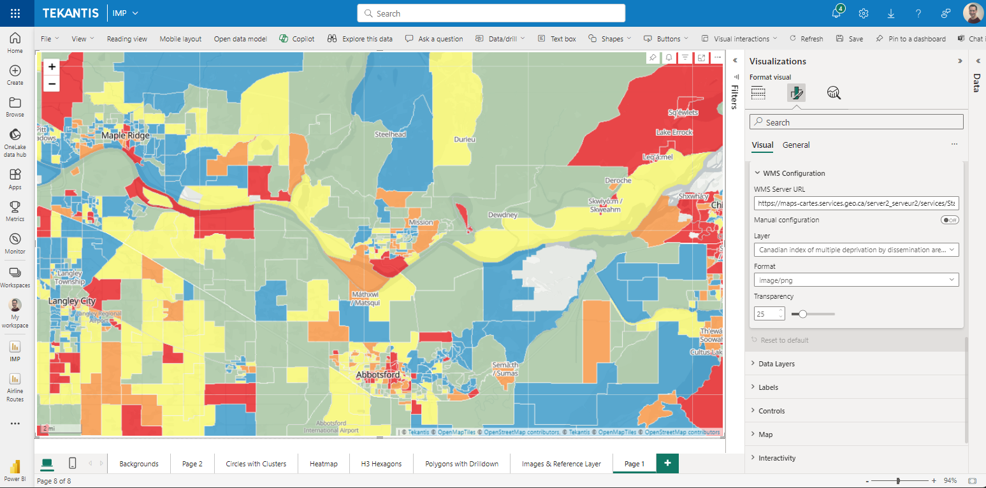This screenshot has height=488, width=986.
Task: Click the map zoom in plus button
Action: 52,66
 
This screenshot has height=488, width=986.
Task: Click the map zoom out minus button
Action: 52,83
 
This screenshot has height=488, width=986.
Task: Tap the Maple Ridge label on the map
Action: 126,136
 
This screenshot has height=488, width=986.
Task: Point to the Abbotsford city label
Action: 378,375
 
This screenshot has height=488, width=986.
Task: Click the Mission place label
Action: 421,222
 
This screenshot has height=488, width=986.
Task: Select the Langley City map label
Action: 71,301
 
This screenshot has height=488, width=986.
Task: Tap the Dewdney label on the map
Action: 503,215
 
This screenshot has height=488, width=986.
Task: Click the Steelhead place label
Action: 390,134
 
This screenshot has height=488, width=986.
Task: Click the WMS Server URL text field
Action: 856,203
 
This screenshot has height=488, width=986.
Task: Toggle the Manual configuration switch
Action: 950,220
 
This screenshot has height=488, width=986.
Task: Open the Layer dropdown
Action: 856,250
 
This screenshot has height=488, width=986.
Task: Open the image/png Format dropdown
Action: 856,280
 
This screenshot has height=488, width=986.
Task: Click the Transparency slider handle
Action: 803,313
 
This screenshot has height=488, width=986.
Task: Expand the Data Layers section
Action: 776,364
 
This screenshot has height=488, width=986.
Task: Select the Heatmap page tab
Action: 323,464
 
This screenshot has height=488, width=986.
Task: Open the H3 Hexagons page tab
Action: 381,464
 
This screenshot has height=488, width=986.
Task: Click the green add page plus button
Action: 667,463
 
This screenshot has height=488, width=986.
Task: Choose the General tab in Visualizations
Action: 796,145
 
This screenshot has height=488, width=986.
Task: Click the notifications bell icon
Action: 836,13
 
